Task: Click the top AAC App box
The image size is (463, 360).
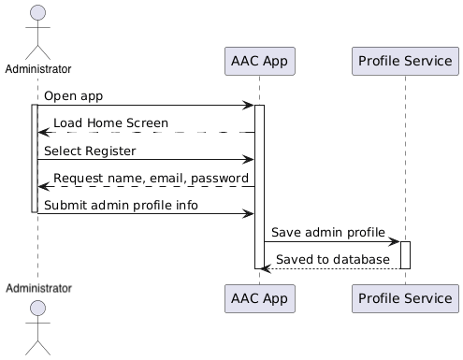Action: [x=260, y=62]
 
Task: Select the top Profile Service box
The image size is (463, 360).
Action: [x=404, y=62]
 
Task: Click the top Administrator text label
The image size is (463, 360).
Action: [x=37, y=69]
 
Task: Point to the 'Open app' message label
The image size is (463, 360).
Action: [x=73, y=96]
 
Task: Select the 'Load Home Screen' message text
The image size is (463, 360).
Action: [x=110, y=123]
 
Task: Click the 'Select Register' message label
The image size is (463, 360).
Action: [x=90, y=151]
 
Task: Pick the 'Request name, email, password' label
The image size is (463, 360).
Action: [x=151, y=178]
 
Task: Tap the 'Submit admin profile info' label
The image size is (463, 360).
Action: [x=121, y=205]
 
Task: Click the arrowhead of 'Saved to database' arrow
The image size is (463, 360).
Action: [x=267, y=268]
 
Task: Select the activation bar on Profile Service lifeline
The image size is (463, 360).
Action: [x=405, y=254]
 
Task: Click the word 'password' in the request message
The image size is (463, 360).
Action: [x=220, y=178]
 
